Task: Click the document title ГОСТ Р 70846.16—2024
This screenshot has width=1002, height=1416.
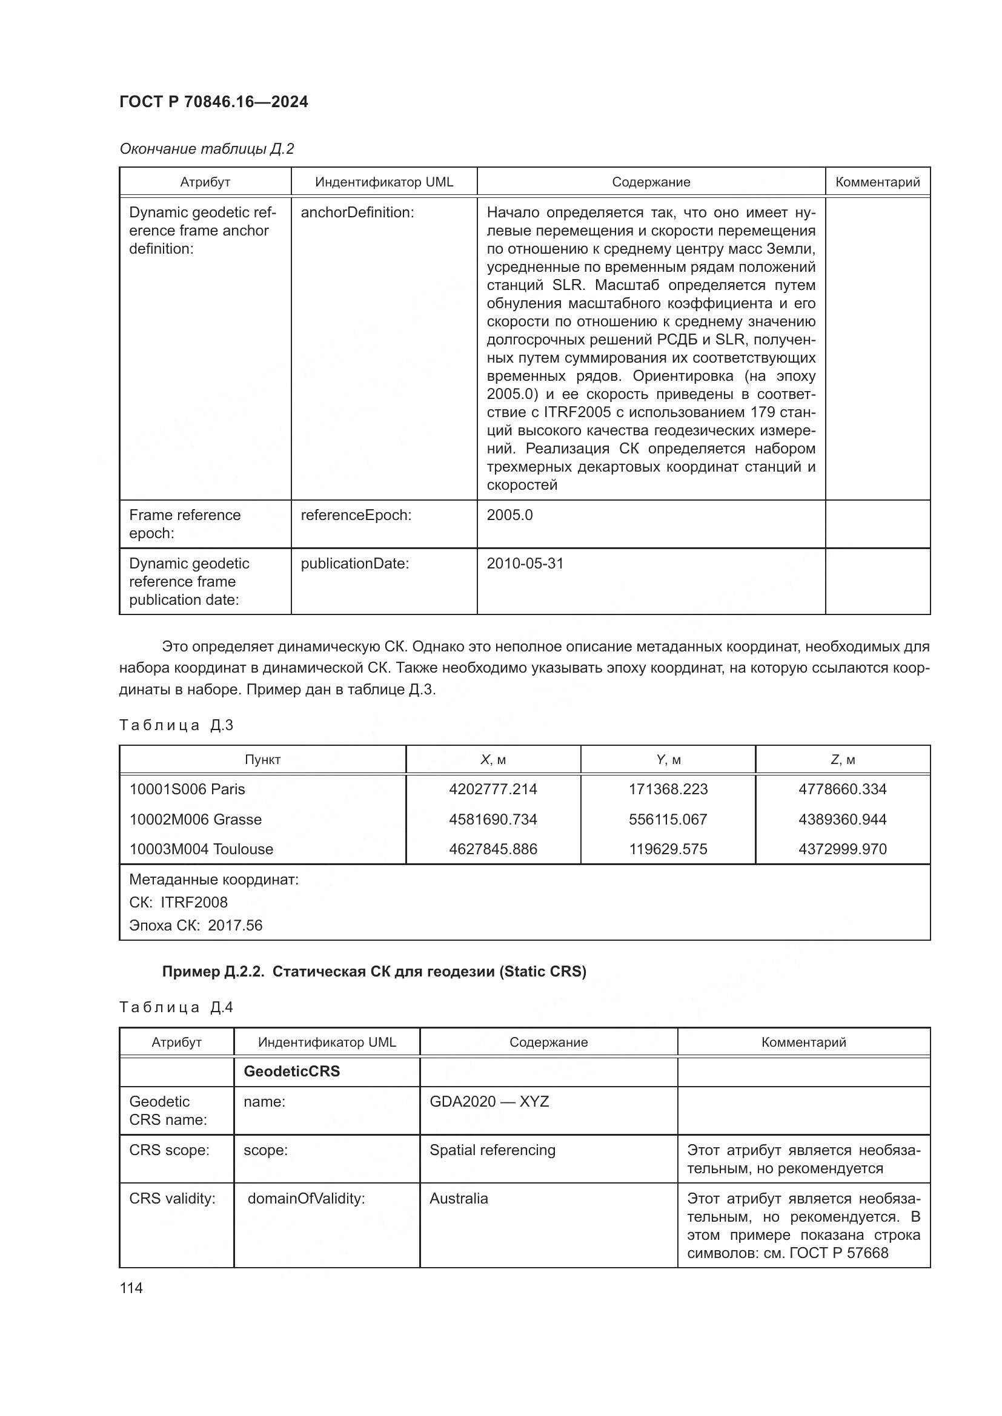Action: click(213, 102)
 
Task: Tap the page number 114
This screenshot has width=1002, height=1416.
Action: click(131, 1288)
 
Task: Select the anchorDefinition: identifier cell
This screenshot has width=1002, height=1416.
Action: click(357, 212)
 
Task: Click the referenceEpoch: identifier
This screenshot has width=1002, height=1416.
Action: click(356, 515)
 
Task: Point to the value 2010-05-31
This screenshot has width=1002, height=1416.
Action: click(525, 564)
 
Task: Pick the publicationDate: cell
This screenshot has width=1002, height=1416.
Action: click(355, 564)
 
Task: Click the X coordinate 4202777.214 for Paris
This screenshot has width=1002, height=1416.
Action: click(493, 789)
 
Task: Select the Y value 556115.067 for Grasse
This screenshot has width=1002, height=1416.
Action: click(668, 819)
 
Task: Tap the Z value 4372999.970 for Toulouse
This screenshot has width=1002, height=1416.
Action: click(842, 849)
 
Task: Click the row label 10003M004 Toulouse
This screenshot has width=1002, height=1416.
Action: click(201, 849)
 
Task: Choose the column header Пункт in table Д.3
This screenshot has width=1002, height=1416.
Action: click(262, 760)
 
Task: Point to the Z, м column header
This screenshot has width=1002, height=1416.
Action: click(842, 760)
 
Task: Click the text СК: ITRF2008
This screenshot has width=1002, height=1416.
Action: click(178, 902)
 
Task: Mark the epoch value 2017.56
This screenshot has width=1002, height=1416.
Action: click(235, 925)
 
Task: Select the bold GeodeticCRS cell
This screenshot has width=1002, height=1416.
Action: click(292, 1072)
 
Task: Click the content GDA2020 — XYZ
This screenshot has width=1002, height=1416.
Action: click(489, 1101)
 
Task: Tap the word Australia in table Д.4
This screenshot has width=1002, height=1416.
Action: click(459, 1198)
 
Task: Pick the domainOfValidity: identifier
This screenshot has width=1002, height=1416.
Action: click(306, 1198)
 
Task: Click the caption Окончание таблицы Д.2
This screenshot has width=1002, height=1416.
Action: click(207, 149)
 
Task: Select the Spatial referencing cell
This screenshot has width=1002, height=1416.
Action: click(493, 1150)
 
